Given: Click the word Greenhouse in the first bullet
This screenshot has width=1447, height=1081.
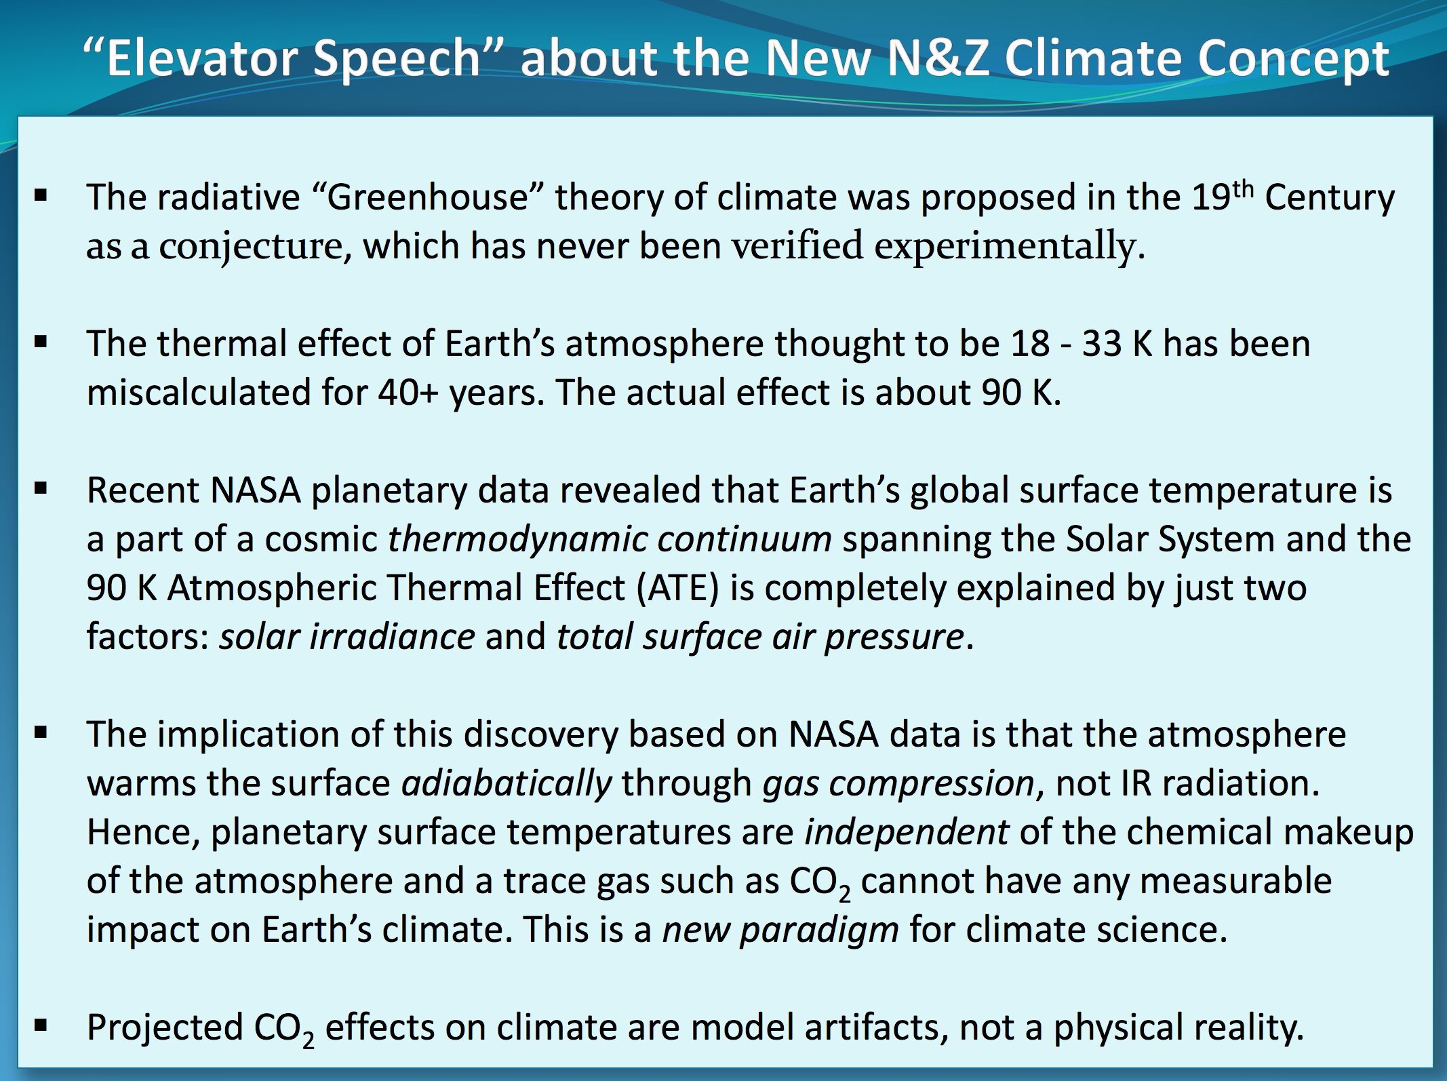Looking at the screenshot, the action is click(428, 198).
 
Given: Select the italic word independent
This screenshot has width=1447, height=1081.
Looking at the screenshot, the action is click(907, 833).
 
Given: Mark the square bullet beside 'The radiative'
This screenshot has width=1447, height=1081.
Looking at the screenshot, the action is click(41, 197).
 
